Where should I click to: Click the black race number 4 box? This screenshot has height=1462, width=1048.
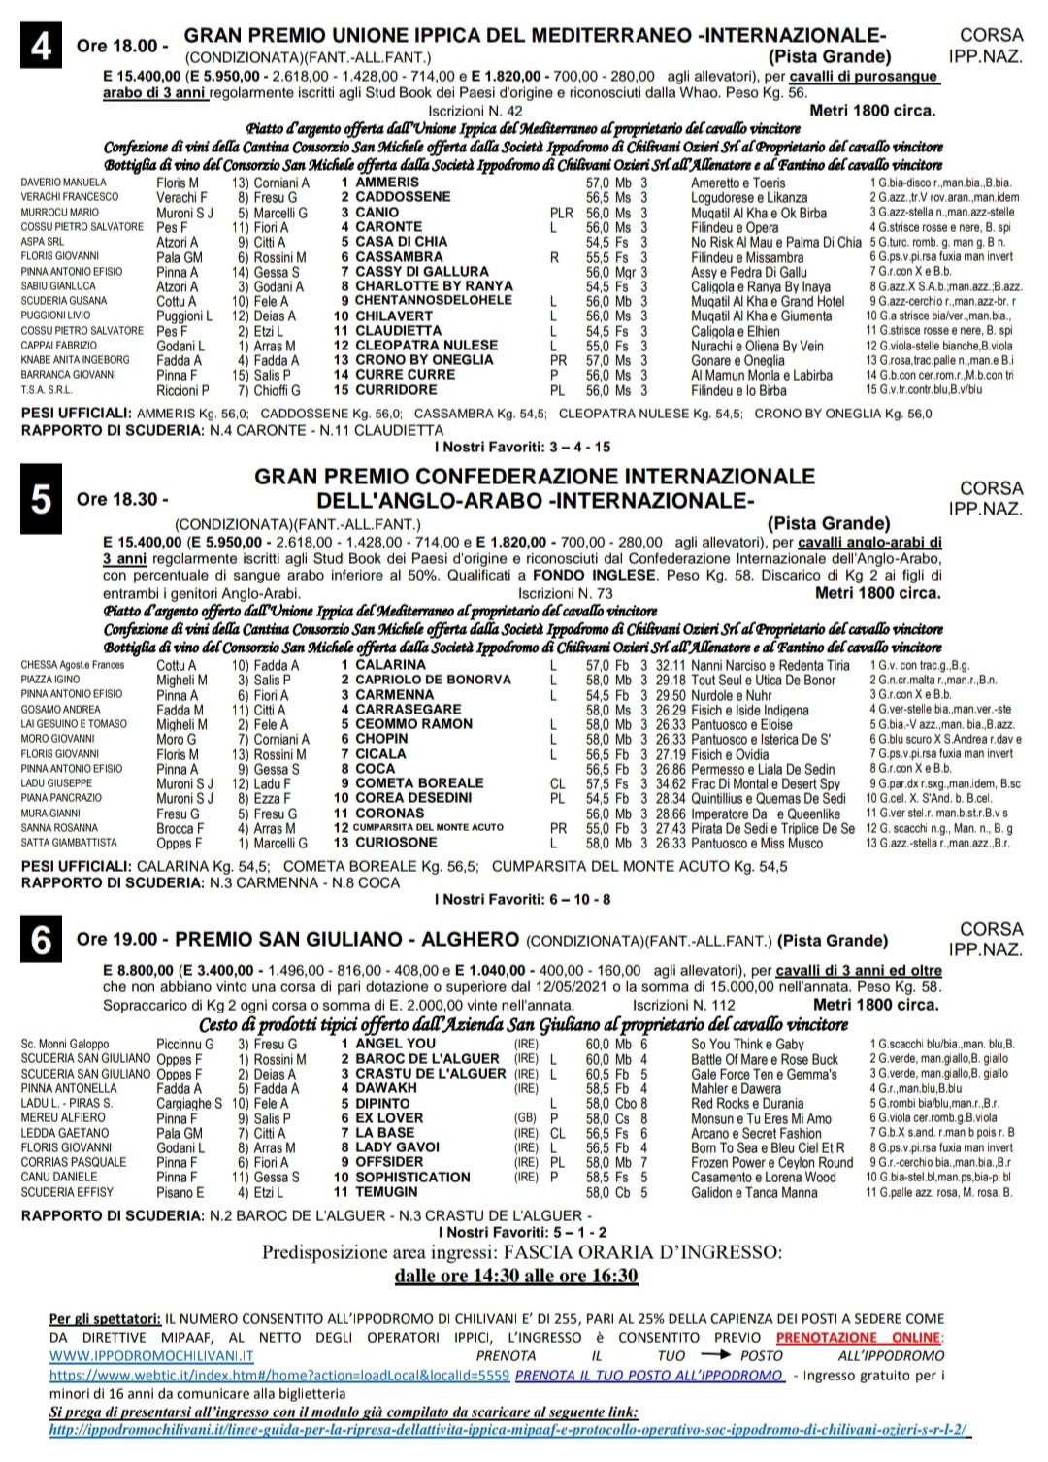pyautogui.click(x=42, y=45)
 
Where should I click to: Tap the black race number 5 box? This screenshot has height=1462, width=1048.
pyautogui.click(x=42, y=498)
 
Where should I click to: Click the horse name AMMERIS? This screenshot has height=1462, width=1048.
pyautogui.click(x=387, y=183)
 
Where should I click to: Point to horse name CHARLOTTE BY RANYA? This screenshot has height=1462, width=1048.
pyautogui.click(x=434, y=286)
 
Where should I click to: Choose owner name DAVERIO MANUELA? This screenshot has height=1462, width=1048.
pyautogui.click(x=64, y=183)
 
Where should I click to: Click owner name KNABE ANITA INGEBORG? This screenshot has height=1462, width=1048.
pyautogui.click(x=76, y=360)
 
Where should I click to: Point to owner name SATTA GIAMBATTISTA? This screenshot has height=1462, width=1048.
pyautogui.click(x=69, y=843)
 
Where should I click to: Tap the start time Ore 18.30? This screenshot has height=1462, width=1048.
pyautogui.click(x=121, y=499)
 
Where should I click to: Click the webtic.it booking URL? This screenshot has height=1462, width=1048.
pyautogui.click(x=279, y=1376)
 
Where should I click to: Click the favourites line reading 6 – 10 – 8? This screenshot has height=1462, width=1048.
pyautogui.click(x=523, y=899)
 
